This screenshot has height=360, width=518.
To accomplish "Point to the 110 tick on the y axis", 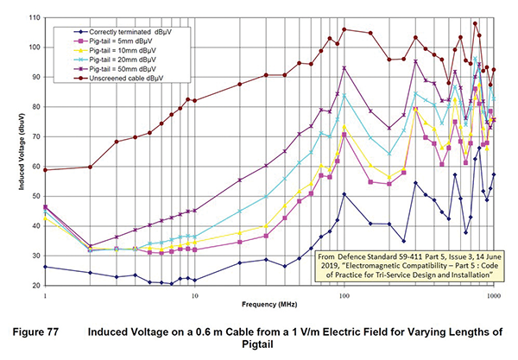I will (x=32, y=17).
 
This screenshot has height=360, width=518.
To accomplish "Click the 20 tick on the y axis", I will (x=34, y=285).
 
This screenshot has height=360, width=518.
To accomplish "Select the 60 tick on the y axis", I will (x=34, y=166).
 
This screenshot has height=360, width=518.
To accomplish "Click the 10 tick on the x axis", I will (x=194, y=294).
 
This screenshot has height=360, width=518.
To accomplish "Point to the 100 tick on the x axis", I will (x=344, y=294).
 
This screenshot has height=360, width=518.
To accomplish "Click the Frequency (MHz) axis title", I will (x=269, y=306).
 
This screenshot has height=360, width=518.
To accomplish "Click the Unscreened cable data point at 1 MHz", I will (x=45, y=169).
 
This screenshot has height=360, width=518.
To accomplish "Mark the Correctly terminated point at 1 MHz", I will (x=45, y=267).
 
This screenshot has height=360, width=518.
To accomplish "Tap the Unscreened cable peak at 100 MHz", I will (x=344, y=29).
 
